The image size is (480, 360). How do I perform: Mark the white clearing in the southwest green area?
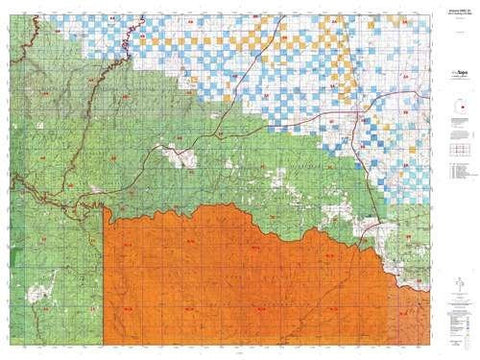coord(42,293)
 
